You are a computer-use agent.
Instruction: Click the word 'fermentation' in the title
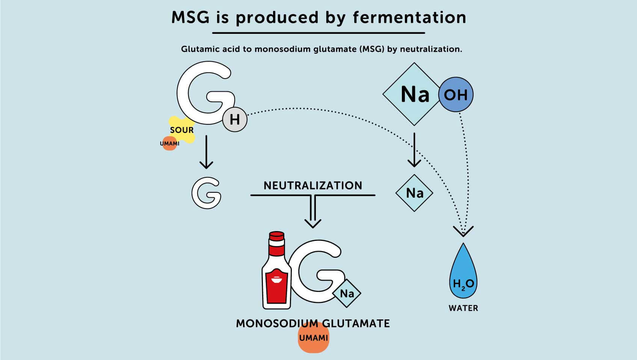tap(409, 18)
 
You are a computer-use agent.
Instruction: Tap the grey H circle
tap(235, 119)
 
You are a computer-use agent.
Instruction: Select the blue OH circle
tap(456, 95)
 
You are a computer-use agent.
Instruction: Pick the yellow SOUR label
tap(182, 130)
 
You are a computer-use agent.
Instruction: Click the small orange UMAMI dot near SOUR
tap(169, 144)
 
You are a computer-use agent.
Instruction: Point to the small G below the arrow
tap(206, 193)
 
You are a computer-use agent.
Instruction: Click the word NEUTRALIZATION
tap(313, 186)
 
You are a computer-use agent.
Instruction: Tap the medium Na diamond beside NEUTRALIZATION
tap(414, 193)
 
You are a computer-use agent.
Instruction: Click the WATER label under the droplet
tap(463, 308)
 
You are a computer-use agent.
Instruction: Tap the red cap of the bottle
tap(276, 236)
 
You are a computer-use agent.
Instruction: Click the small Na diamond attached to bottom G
tap(347, 293)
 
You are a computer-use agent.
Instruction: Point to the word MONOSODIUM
tap(276, 324)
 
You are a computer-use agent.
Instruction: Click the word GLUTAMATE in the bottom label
tap(356, 324)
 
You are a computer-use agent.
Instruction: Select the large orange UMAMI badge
tap(313, 338)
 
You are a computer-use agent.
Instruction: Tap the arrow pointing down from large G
tap(206, 152)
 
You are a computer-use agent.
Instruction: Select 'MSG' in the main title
tap(190, 18)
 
